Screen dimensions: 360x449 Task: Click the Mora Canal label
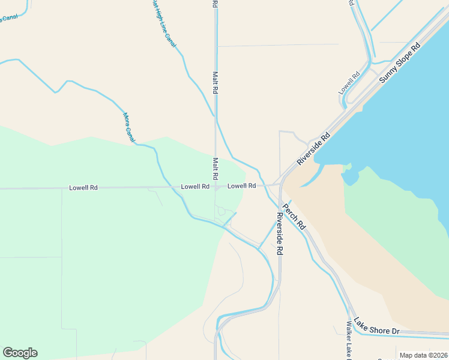pyautogui.click(x=129, y=127)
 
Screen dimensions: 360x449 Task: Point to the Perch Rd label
pyautogui.click(x=295, y=218)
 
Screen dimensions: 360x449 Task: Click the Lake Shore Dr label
pyautogui.click(x=376, y=326)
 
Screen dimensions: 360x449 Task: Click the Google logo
pyautogui.click(x=20, y=353)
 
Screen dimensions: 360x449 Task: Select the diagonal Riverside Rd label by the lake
pyautogui.click(x=313, y=149)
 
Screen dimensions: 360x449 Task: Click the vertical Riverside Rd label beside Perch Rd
pyautogui.click(x=279, y=235)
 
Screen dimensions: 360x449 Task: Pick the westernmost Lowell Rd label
pyautogui.click(x=83, y=188)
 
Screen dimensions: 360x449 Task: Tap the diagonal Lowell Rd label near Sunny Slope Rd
pyautogui.click(x=349, y=83)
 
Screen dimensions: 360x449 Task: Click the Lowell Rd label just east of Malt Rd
pyautogui.click(x=242, y=186)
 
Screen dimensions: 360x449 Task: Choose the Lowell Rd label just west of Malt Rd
pyautogui.click(x=195, y=187)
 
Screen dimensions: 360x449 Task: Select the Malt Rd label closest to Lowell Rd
pyautogui.click(x=215, y=170)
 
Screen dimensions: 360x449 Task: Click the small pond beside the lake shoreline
pyautogui.click(x=349, y=177)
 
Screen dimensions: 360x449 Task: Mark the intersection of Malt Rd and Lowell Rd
pyautogui.click(x=215, y=187)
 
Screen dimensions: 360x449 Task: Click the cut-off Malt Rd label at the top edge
pyautogui.click(x=215, y=4)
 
